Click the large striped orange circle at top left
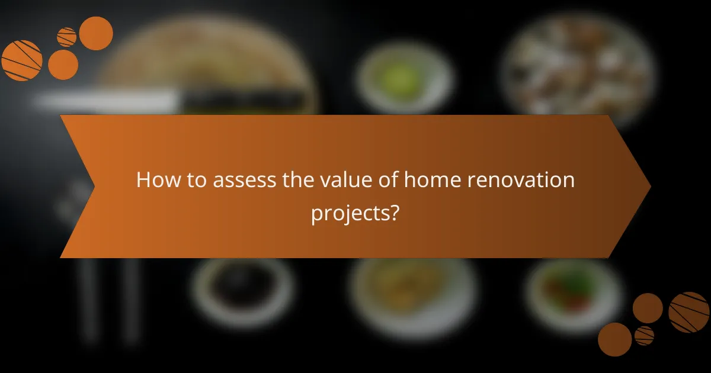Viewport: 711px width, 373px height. pyautogui.click(x=22, y=60)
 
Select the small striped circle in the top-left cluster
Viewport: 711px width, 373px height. pyautogui.click(x=66, y=37)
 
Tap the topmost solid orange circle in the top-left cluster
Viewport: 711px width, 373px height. pyautogui.click(x=96, y=33)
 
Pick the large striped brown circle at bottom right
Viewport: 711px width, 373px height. pyautogui.click(x=689, y=312)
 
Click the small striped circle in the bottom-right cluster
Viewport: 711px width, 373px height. pyautogui.click(x=644, y=335)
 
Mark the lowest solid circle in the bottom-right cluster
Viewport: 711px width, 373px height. pyautogui.click(x=614, y=339)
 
